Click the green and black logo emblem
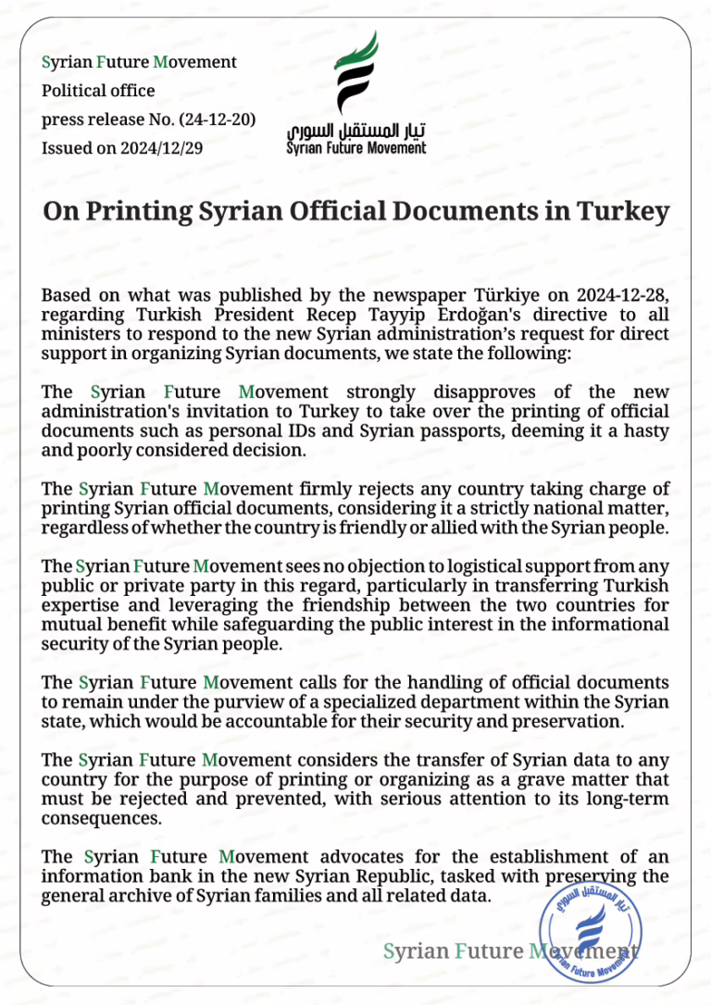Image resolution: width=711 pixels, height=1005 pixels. pos(355,76)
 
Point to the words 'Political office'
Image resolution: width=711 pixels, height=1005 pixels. pos(98,91)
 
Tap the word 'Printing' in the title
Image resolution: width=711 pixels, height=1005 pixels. pos(135,211)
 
